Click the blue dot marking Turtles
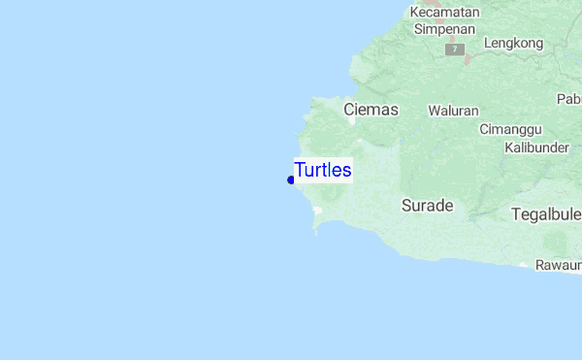click(291, 180)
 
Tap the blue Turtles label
click(323, 171)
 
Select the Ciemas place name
click(371, 110)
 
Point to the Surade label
click(427, 206)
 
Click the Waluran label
click(453, 111)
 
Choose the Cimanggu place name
click(510, 129)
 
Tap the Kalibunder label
click(536, 147)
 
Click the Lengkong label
click(513, 43)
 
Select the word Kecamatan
click(444, 12)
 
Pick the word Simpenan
click(444, 28)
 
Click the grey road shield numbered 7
click(453, 49)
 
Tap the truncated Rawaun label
click(561, 264)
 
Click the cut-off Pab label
click(568, 99)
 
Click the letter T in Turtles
click(300, 171)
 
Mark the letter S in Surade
click(405, 206)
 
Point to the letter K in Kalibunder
click(509, 147)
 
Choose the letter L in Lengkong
click(487, 43)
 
